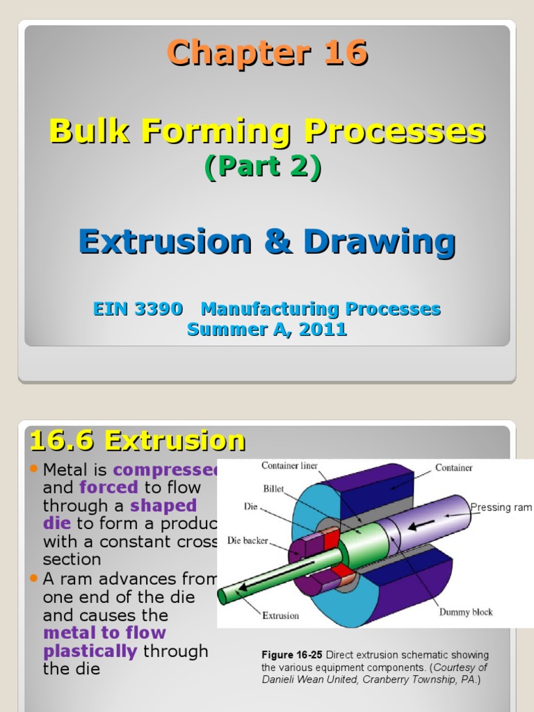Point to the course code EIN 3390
point(138,309)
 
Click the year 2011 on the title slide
point(323,330)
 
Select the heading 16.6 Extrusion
point(137,441)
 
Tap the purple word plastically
point(90,652)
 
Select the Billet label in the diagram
point(273,489)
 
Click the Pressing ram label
point(501,508)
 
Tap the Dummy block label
point(465,612)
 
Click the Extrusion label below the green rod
point(280,615)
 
